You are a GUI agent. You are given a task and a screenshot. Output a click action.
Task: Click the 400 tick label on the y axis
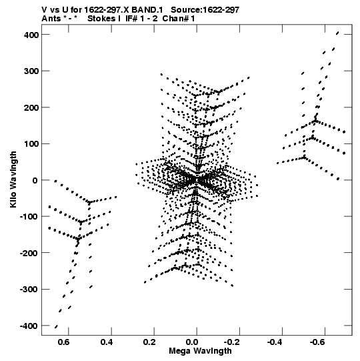(x=31, y=35)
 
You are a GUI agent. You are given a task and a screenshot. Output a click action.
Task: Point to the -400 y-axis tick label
(x=29, y=326)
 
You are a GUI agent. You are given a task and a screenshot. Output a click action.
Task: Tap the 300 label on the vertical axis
(x=31, y=71)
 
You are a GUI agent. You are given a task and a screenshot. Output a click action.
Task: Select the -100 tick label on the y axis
(x=29, y=217)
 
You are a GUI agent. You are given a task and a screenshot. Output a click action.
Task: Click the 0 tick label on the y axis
(x=35, y=180)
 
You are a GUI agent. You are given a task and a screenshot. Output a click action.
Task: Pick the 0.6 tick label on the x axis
(x=63, y=342)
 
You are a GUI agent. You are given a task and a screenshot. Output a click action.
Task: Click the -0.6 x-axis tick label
(x=317, y=342)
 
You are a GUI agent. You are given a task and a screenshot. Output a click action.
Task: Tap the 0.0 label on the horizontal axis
(x=191, y=342)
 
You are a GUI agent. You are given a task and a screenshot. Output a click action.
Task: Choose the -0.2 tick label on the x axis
(x=231, y=342)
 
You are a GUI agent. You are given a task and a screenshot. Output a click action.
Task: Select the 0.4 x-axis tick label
(x=107, y=342)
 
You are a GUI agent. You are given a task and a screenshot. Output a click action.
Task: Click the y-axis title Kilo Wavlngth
(x=13, y=179)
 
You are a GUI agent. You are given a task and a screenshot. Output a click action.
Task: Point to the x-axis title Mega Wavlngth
(x=200, y=351)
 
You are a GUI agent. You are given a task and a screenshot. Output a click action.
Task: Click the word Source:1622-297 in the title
(x=205, y=10)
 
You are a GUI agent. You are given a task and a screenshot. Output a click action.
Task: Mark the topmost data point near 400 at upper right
(x=337, y=33)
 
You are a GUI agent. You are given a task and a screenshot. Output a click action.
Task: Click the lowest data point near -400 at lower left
(x=56, y=327)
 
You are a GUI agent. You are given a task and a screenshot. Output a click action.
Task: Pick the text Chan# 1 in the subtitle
(x=179, y=19)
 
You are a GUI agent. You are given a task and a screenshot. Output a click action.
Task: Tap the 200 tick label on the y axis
(x=31, y=107)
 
